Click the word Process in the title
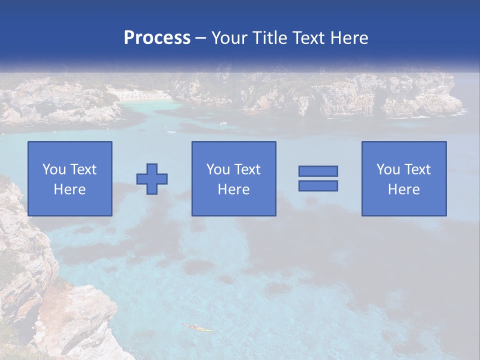tap(157, 38)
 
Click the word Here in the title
tap(350, 38)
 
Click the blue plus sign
tap(152, 179)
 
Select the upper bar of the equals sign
tap(318, 171)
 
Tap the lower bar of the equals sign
tap(318, 185)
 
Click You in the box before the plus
tap(53, 169)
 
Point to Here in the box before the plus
tap(70, 189)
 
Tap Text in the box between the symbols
tap(247, 169)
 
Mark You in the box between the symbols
tap(218, 169)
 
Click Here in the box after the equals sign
tap(404, 189)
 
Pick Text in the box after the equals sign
tap(417, 169)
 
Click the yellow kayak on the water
tap(198, 328)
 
